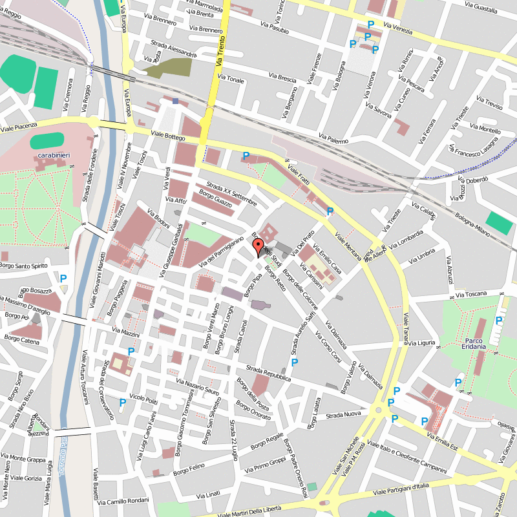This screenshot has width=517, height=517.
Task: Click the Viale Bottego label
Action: (167, 136)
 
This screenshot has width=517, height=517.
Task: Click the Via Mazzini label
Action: (125, 332)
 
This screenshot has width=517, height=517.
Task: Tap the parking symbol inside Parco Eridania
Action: (499, 321)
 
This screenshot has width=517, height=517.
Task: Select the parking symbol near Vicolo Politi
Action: (122, 402)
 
